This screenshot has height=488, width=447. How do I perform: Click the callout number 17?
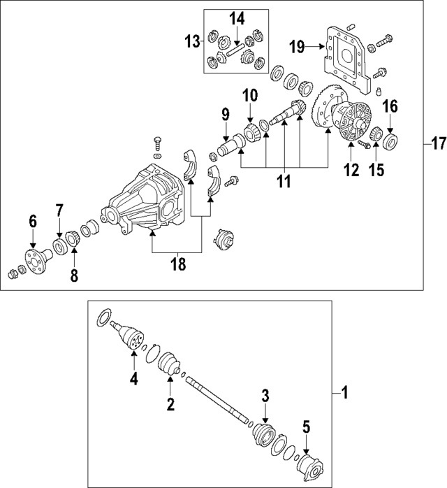click(x=437, y=145)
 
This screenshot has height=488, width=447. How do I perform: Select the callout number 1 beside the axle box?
click(x=343, y=394)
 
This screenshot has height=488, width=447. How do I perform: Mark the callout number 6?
click(x=32, y=222)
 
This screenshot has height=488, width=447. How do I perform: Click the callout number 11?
click(x=284, y=182)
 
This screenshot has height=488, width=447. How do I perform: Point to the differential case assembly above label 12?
click(x=352, y=125)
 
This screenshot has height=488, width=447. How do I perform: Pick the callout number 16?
click(x=390, y=106)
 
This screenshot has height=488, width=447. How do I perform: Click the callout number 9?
click(x=225, y=113)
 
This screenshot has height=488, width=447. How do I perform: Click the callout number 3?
click(x=265, y=396)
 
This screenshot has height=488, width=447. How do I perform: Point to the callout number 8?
click(x=75, y=275)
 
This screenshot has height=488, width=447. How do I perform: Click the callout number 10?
click(x=250, y=94)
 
